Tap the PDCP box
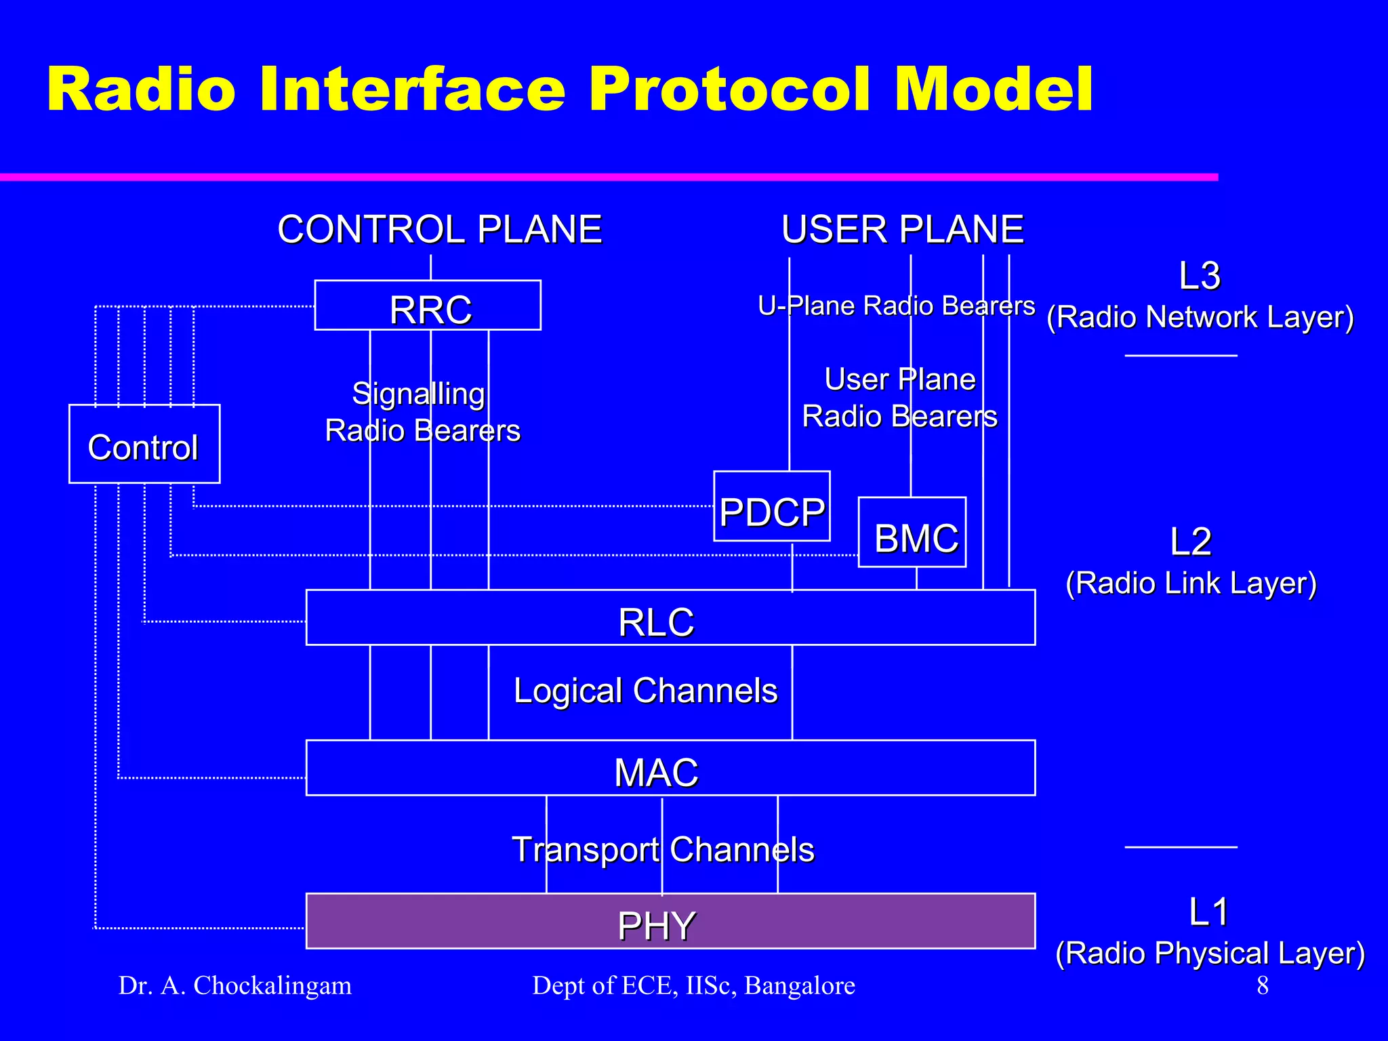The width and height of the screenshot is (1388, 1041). [772, 510]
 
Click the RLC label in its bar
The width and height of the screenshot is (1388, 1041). [656, 621]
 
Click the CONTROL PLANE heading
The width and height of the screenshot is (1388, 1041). [439, 229]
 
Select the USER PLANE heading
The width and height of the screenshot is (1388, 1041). [902, 229]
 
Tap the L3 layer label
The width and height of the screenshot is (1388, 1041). [1199, 276]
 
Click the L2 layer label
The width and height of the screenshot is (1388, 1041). [1191, 542]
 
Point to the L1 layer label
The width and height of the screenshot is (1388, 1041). [1208, 912]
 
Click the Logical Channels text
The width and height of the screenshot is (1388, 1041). [645, 691]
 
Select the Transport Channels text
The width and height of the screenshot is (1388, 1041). [663, 849]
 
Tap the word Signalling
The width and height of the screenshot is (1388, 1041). [418, 394]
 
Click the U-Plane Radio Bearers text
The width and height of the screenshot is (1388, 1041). [896, 306]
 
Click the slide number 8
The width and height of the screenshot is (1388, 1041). [1263, 985]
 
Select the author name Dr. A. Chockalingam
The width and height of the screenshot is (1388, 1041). [235, 985]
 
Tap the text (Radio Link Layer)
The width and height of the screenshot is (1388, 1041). [1191, 583]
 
